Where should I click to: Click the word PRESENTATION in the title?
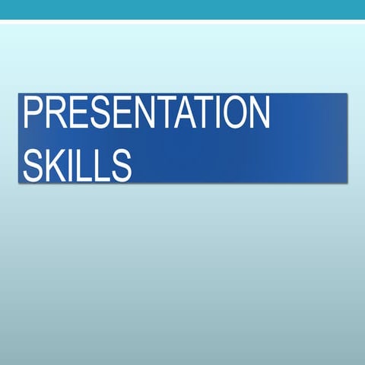point(147,113)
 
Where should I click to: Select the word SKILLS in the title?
point(78,163)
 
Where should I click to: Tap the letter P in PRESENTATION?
point(33,113)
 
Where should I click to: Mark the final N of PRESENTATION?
point(259,113)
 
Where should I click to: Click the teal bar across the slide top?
point(182,9)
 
